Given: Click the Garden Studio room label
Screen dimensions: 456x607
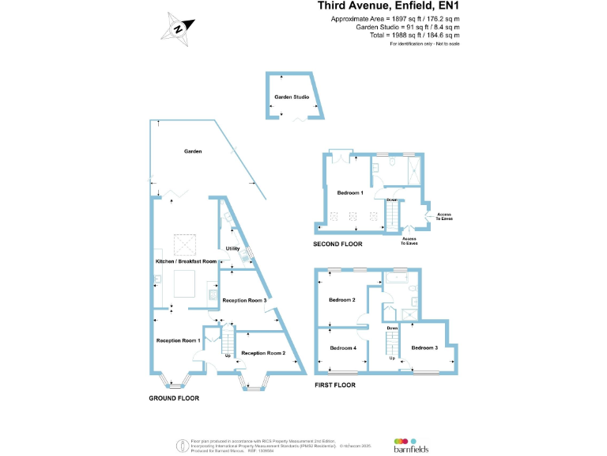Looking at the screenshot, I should (292, 97).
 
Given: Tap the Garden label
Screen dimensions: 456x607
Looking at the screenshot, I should (193, 150).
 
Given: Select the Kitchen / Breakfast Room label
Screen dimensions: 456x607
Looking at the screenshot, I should (186, 261).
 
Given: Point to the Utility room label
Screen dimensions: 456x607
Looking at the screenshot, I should (232, 249).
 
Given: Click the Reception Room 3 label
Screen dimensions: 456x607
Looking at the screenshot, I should (244, 301).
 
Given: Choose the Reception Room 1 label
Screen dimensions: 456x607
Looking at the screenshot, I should (178, 340).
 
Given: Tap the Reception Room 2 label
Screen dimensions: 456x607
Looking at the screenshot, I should (263, 353).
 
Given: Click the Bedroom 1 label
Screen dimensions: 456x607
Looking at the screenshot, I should (349, 193).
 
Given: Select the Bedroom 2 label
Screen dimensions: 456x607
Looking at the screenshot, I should (342, 300).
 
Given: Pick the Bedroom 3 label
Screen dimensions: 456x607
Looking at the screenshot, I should (424, 348).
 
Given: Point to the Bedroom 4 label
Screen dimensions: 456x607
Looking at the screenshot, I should (343, 348).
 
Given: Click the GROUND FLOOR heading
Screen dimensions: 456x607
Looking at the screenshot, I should (174, 398).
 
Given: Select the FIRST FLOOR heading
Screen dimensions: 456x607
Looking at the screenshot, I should (335, 386).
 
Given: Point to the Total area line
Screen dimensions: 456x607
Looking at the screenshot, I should (414, 36).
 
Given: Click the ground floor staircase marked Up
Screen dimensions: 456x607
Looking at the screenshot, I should (228, 344).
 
